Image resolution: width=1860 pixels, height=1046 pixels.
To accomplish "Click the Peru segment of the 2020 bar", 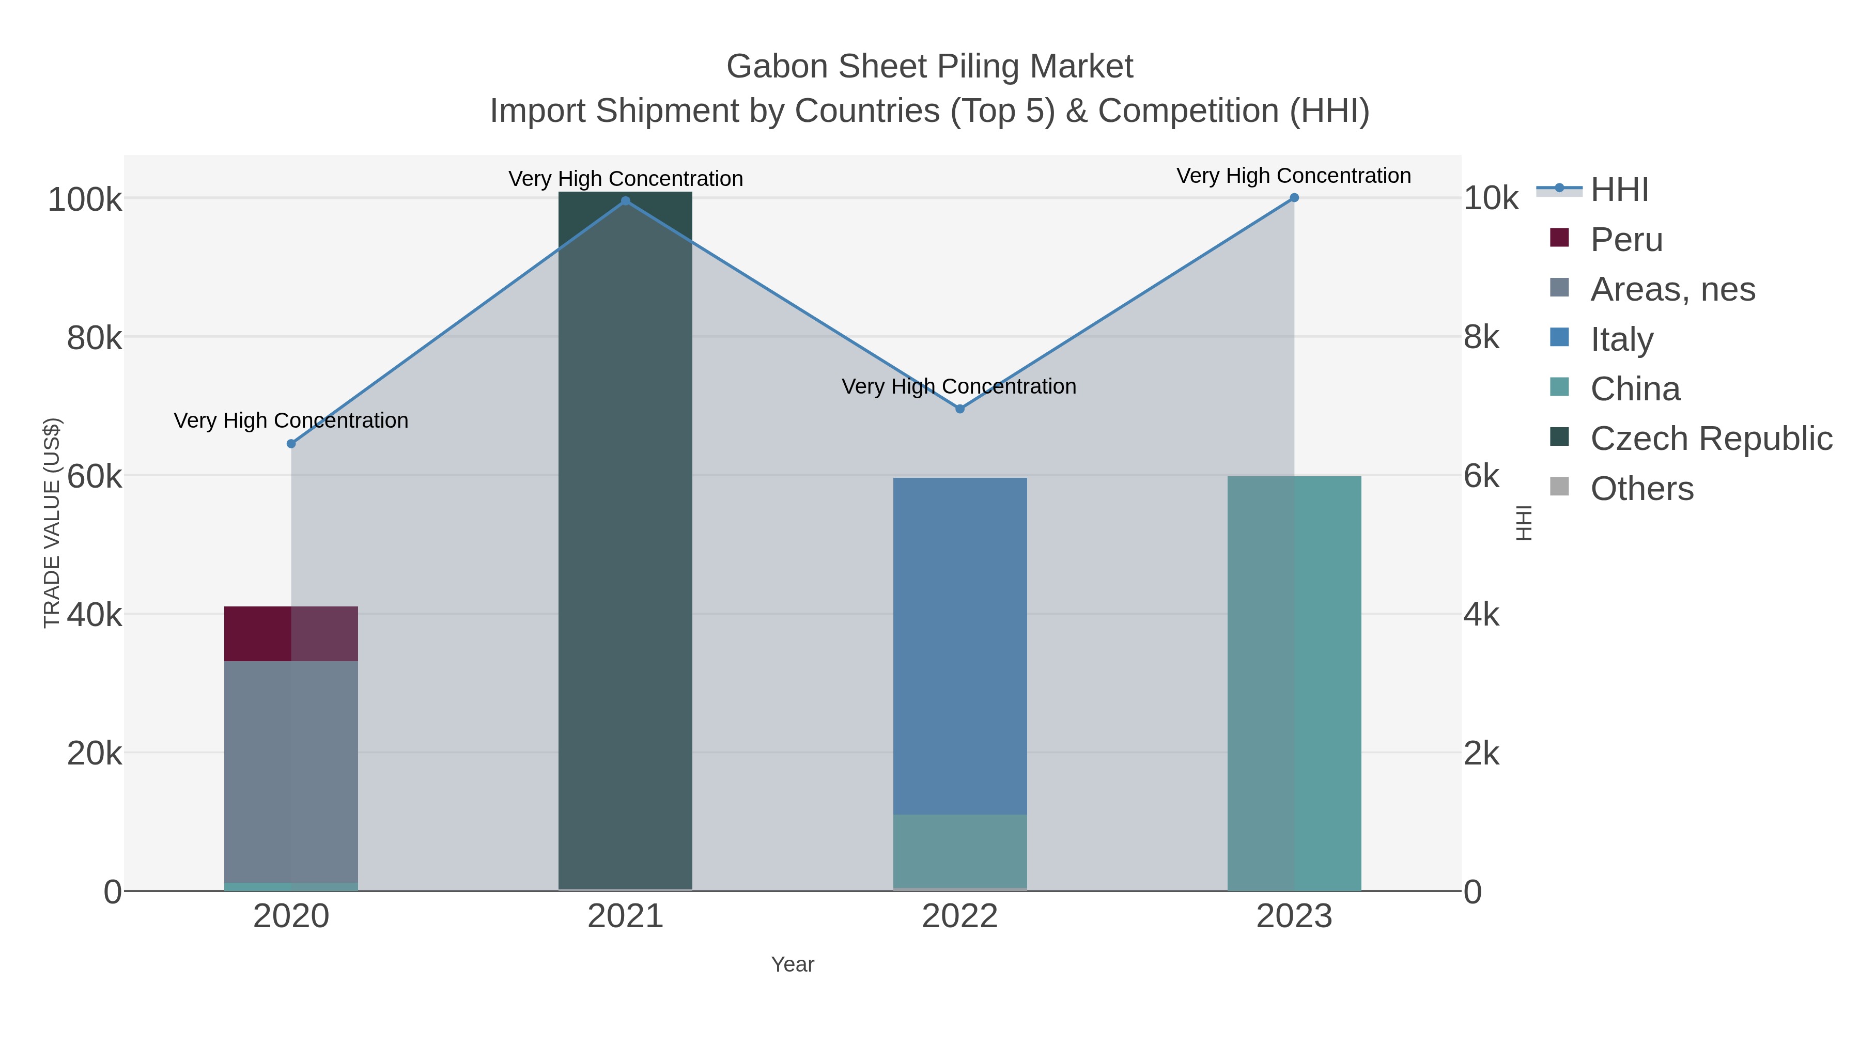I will [x=291, y=633].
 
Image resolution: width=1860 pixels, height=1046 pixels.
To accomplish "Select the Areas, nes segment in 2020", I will [x=291, y=771].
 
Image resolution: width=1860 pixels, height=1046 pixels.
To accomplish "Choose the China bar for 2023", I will [x=1294, y=683].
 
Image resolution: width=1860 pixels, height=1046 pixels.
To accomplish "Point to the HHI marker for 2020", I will [x=291, y=444].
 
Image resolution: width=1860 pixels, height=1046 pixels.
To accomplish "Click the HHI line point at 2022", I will [x=959, y=409].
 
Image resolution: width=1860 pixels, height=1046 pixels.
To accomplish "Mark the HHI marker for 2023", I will [x=1294, y=198].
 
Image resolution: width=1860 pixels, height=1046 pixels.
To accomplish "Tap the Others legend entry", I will [x=1641, y=488].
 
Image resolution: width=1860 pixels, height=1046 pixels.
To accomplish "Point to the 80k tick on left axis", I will [x=94, y=338].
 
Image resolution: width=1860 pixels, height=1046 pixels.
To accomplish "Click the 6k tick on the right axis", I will [x=1482, y=476].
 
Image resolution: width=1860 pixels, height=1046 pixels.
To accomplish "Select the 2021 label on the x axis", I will [x=625, y=917].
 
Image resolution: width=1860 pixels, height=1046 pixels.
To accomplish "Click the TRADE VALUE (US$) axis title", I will [x=52, y=523].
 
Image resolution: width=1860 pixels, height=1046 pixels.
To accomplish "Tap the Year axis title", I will [x=792, y=964].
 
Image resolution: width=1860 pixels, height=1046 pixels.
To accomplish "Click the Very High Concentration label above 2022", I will [x=959, y=386].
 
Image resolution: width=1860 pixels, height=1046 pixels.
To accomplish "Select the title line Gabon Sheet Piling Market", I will [x=929, y=67].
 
